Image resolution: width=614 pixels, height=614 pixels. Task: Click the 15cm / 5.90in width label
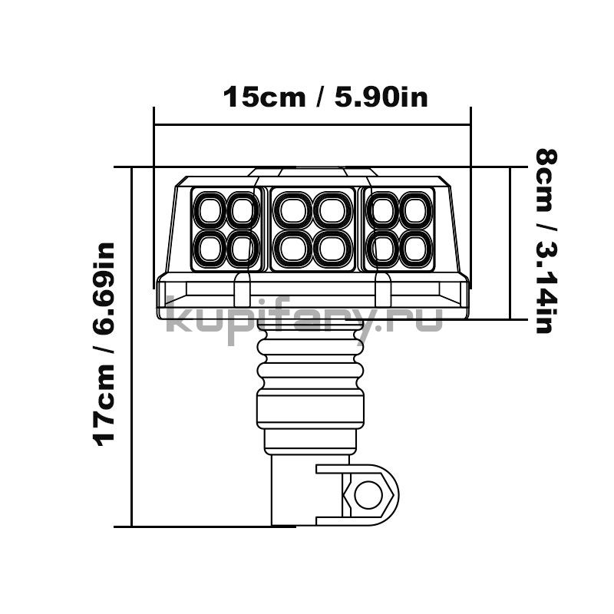(x=325, y=97)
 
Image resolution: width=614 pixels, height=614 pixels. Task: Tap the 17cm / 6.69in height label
(x=104, y=345)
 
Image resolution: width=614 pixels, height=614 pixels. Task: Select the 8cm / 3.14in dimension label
(x=546, y=242)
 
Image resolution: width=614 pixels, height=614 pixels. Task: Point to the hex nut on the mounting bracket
(x=368, y=495)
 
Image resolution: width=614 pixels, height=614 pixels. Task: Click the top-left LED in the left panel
(x=210, y=210)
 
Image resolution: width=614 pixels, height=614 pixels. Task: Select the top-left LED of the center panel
(x=292, y=210)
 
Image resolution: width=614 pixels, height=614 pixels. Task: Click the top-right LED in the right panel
(x=416, y=210)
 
